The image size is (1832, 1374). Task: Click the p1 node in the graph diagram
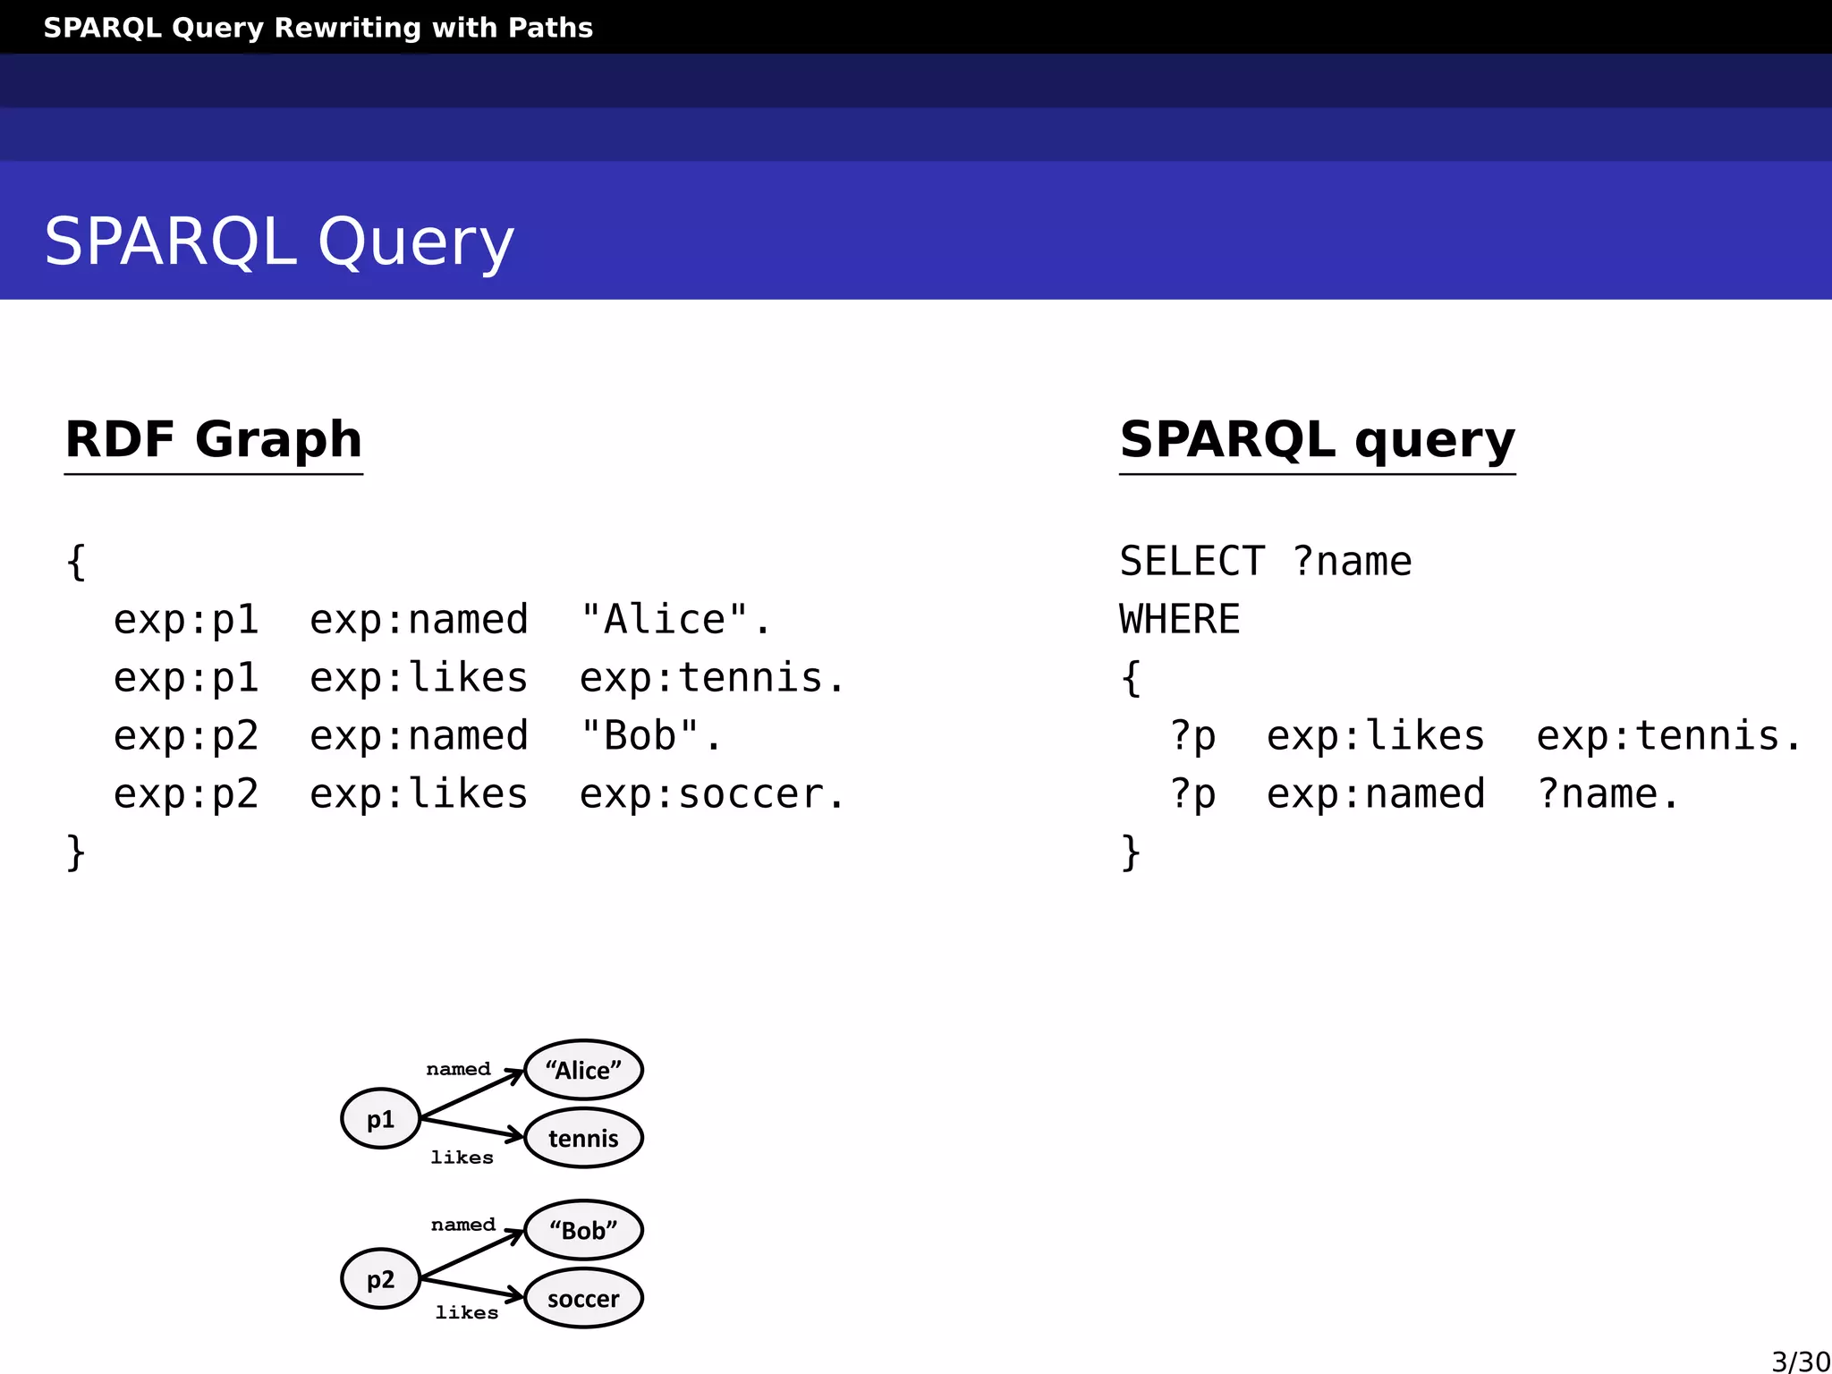[380, 1118]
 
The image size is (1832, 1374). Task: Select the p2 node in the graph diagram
[380, 1278]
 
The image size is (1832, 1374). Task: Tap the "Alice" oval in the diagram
[583, 1069]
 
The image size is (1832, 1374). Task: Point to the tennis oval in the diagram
[583, 1138]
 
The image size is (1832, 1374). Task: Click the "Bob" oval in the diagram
[583, 1230]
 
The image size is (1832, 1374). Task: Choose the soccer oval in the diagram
[583, 1298]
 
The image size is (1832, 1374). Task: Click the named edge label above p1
[458, 1069]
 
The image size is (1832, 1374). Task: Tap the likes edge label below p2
[466, 1312]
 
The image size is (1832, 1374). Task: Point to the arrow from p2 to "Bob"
[472, 1254]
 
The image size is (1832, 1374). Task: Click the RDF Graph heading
[214, 440]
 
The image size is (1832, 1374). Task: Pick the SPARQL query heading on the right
[1317, 440]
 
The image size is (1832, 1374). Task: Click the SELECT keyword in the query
[1192, 562]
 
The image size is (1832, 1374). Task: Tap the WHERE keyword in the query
[1180, 620]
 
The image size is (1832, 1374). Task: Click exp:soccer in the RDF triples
[710, 794]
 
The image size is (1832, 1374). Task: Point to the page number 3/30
[1800, 1361]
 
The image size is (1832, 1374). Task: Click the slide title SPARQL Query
[279, 242]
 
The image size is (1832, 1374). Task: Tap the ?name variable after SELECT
[1352, 562]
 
